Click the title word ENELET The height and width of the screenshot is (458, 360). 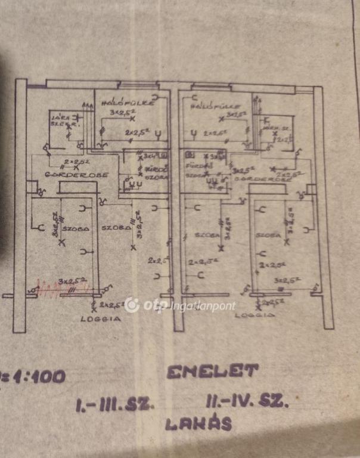213,372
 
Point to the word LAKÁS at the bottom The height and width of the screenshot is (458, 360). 198,424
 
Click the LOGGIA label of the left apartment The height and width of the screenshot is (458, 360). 101,319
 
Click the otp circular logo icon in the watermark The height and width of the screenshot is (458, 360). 132,305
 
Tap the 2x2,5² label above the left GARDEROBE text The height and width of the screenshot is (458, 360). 76,162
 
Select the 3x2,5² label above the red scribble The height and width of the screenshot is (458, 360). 73,280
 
